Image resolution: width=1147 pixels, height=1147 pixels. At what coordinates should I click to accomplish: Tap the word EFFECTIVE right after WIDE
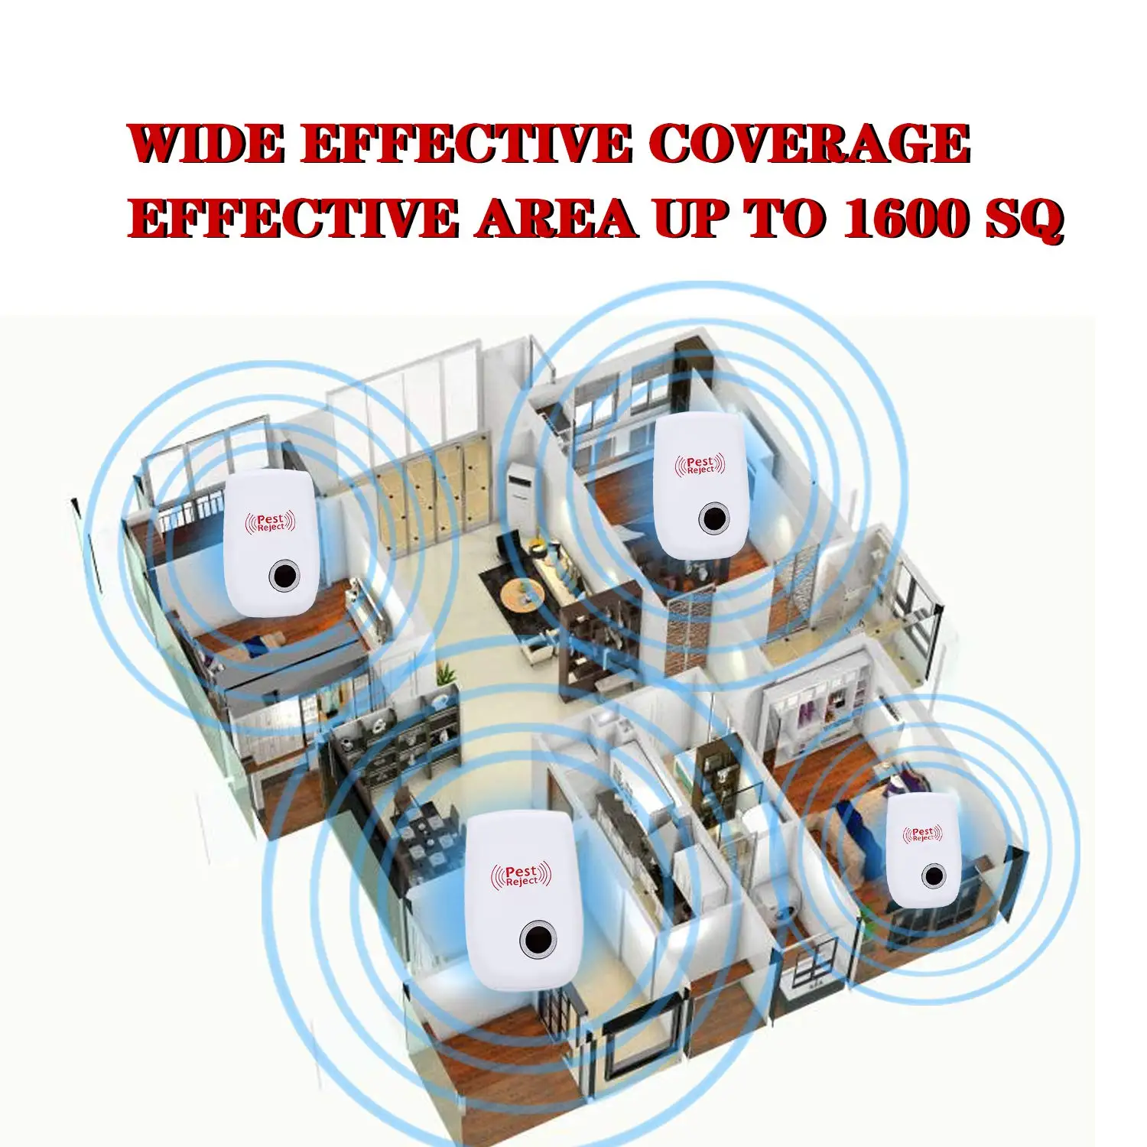[x=466, y=143]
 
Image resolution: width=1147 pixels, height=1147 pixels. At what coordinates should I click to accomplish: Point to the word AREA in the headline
[x=555, y=219]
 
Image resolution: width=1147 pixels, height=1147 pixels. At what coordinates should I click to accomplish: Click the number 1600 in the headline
[x=907, y=219]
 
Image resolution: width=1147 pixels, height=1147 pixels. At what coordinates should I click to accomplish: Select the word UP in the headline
[x=690, y=219]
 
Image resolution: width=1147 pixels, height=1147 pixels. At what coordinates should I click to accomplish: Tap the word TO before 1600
[x=785, y=219]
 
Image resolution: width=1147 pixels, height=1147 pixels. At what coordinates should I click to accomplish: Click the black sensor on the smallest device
[x=932, y=876]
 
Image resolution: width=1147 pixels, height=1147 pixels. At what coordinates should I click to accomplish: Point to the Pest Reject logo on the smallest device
[x=922, y=833]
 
